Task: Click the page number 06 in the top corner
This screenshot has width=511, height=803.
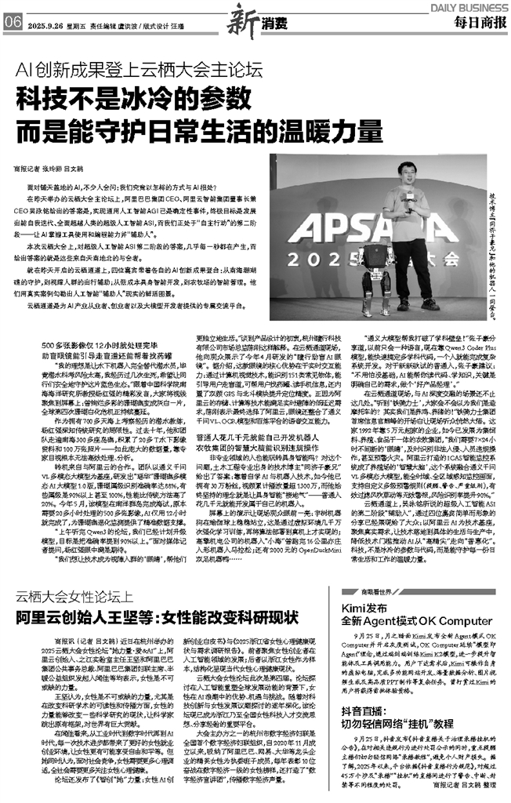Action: (12, 22)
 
